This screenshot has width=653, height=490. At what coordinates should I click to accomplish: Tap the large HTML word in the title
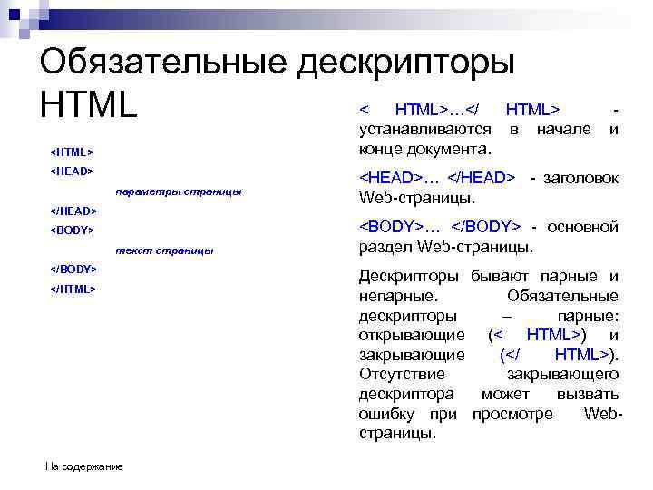[88, 105]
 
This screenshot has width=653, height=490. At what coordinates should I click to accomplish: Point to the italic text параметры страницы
[179, 191]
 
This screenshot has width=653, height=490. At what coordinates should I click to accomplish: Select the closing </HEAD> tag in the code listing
[73, 211]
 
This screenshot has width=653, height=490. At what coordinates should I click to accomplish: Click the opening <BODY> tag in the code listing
[72, 230]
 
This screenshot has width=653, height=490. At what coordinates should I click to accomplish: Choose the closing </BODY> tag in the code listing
[73, 270]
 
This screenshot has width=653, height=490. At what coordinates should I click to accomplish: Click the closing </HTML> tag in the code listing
[72, 289]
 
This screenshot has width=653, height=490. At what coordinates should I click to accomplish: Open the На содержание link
[84, 466]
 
